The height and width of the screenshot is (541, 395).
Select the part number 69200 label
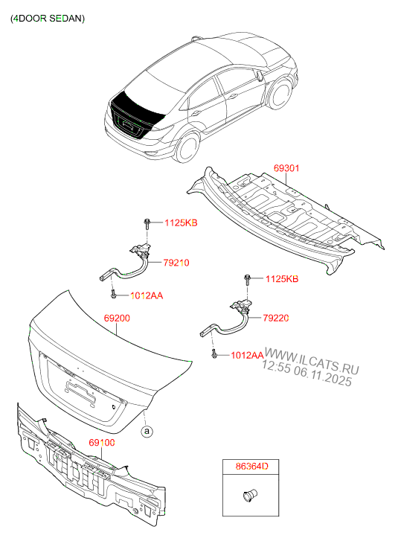[x=118, y=318]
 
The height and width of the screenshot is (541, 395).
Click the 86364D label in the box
[x=253, y=467]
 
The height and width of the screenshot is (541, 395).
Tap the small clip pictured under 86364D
[x=248, y=493]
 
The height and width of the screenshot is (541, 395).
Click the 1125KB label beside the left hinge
[x=181, y=223]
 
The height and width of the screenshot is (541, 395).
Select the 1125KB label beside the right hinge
[x=282, y=279]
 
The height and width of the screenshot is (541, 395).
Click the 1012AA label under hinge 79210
[x=147, y=295]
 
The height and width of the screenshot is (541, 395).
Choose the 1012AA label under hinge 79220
[x=248, y=356]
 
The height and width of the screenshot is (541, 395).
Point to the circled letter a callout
[x=147, y=430]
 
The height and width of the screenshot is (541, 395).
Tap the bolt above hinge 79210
[x=148, y=223]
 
